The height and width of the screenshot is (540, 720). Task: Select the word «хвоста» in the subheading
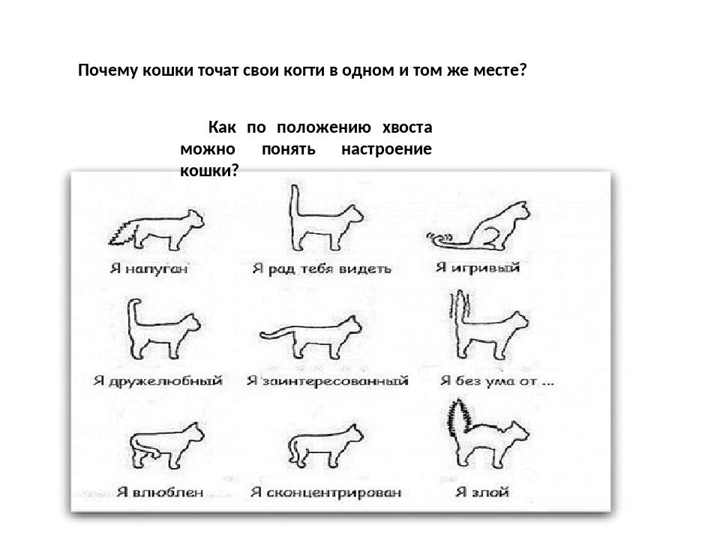[407, 127]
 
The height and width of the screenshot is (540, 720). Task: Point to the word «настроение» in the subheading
[387, 149]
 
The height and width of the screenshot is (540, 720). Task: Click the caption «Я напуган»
[149, 268]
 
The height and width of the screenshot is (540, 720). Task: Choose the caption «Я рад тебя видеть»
[322, 268]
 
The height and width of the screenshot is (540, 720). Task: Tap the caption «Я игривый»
[478, 267]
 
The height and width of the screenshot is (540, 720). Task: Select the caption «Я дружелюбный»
[158, 381]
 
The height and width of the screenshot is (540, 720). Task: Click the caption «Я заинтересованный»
[328, 381]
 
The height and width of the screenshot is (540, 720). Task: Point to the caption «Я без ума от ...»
[497, 381]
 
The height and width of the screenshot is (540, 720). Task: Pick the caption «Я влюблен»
[160, 492]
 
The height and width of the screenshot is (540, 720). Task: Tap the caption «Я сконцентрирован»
[326, 493]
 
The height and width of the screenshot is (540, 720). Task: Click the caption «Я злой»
[482, 492]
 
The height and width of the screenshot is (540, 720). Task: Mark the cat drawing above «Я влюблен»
[166, 445]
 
